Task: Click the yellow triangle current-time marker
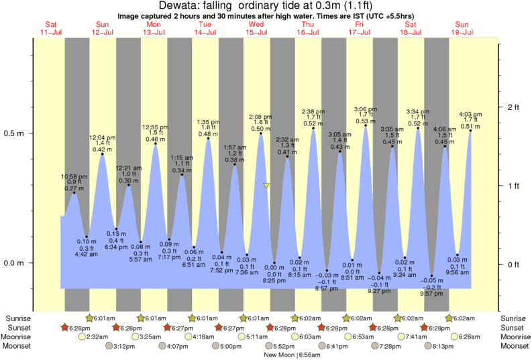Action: point(266,186)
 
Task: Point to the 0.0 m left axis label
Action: point(14,263)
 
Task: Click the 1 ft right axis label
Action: point(514,186)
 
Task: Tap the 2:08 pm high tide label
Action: point(261,116)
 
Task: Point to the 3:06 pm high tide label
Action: point(365,109)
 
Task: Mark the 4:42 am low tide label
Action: point(87,253)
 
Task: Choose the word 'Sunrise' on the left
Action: point(18,318)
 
